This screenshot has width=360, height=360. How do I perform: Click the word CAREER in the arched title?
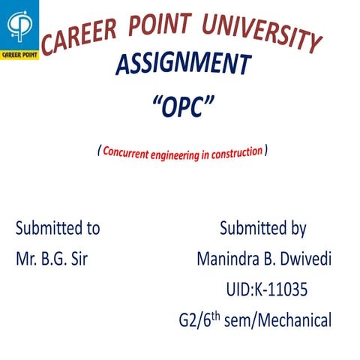pos(76,35)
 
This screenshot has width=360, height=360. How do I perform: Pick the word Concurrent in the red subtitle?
pos(130,152)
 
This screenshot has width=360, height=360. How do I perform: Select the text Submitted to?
pos(58,228)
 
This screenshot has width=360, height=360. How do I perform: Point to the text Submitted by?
pos(262,228)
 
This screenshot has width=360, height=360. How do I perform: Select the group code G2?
pos(181,321)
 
